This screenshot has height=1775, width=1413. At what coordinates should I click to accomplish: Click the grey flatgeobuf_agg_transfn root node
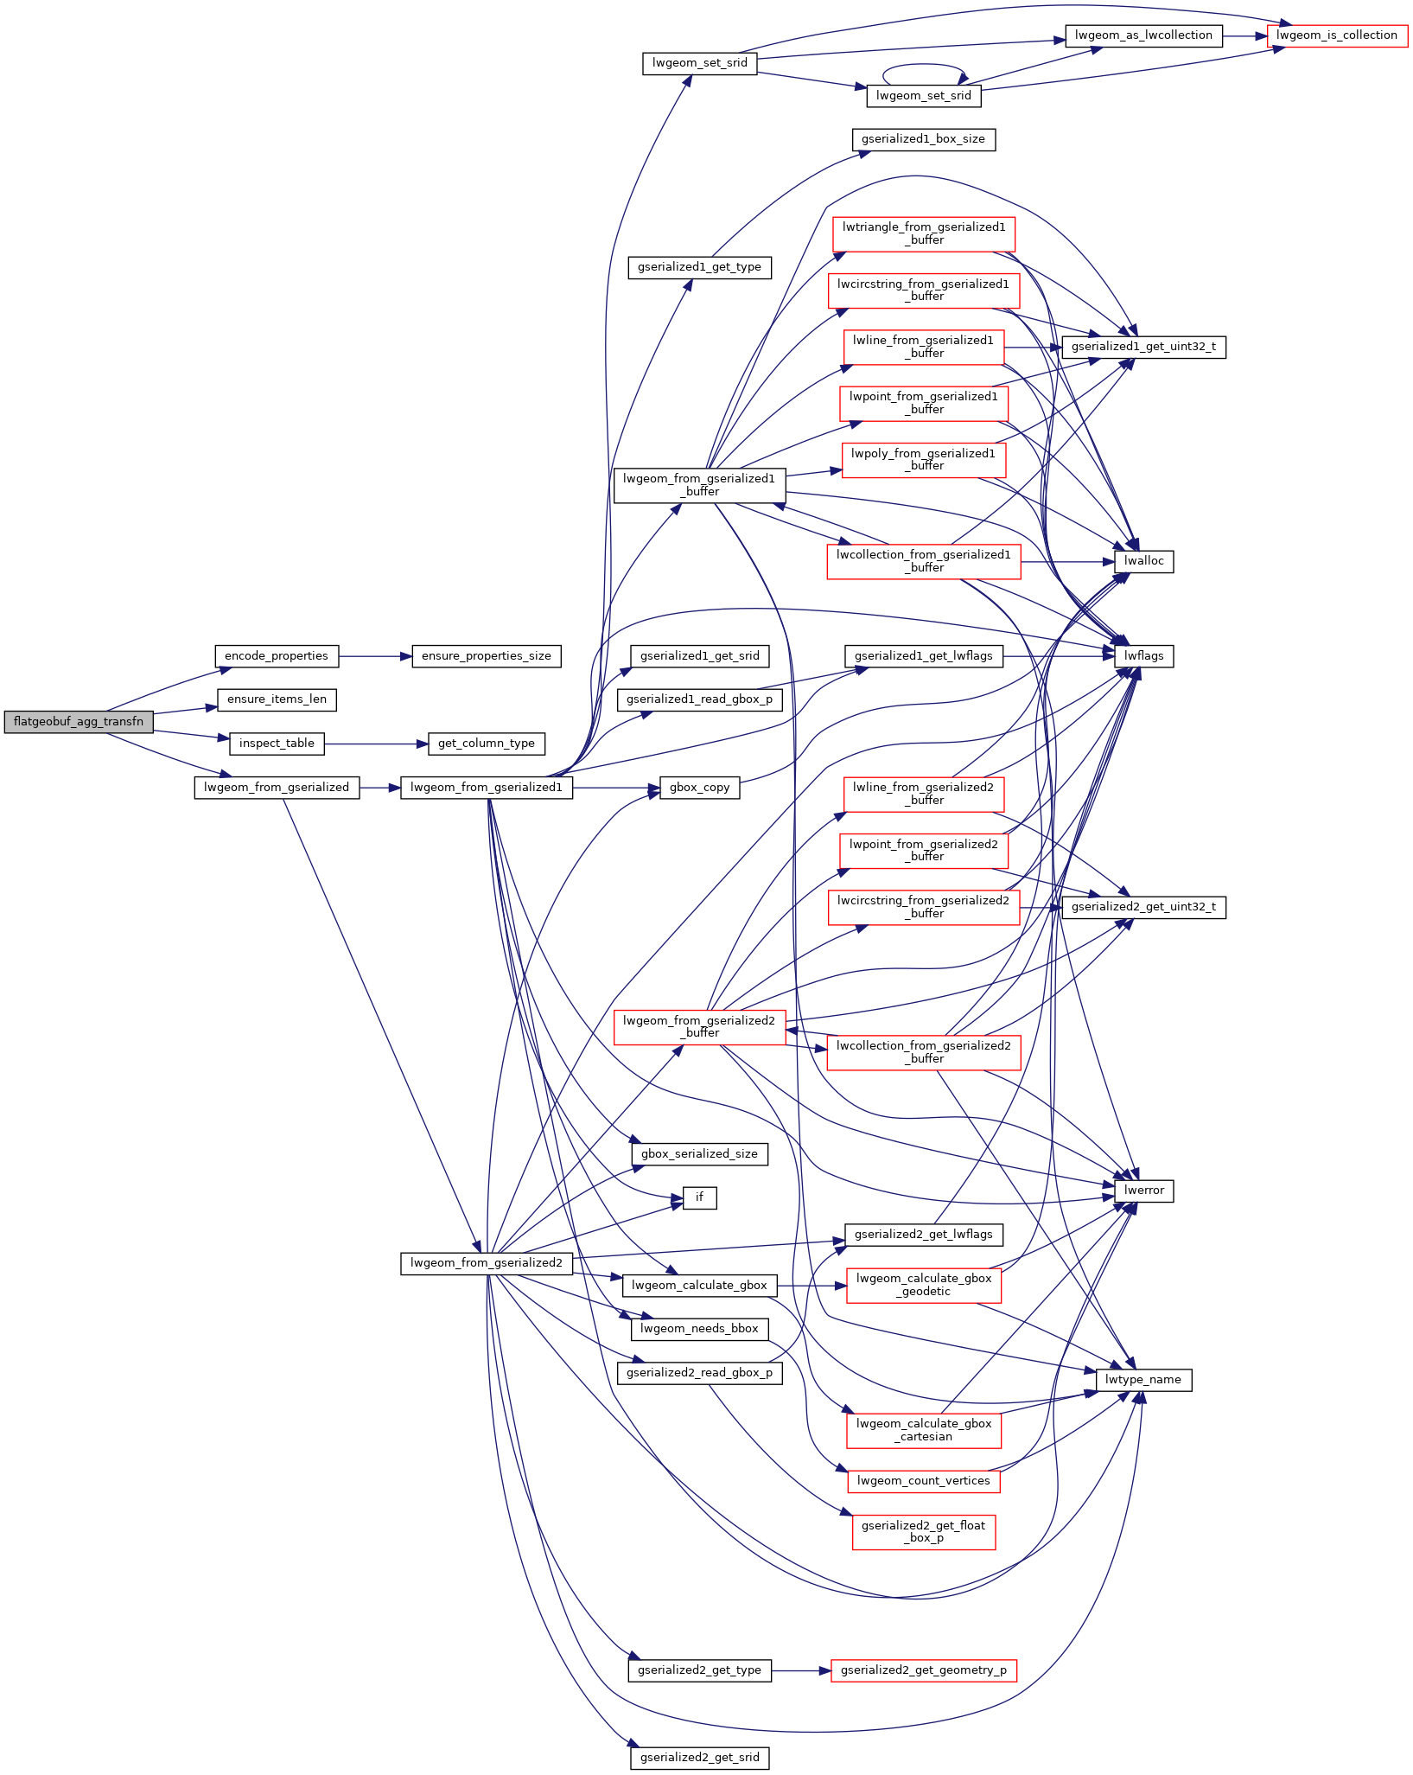click(79, 721)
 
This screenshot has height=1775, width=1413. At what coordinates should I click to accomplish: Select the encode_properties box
click(277, 656)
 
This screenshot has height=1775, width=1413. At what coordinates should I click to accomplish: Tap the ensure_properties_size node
click(487, 656)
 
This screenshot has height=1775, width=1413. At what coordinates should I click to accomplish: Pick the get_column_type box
click(487, 744)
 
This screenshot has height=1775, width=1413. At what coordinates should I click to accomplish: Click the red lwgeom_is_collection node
click(1337, 35)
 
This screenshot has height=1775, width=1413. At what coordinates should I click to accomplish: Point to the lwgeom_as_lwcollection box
click(1143, 35)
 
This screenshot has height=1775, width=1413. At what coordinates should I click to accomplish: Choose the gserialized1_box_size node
click(923, 139)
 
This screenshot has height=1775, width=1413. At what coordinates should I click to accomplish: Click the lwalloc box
click(1144, 561)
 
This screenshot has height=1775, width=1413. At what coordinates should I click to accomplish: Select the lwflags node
click(1144, 656)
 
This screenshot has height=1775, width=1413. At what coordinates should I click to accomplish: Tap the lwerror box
click(1144, 1191)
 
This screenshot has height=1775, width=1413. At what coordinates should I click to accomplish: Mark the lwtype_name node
click(1143, 1380)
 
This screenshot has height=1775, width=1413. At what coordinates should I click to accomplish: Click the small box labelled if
click(699, 1197)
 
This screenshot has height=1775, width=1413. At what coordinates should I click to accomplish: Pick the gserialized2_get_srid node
click(699, 1758)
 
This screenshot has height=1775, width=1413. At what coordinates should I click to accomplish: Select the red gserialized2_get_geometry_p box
click(923, 1670)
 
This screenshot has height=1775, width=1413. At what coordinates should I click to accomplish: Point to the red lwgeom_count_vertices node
click(923, 1481)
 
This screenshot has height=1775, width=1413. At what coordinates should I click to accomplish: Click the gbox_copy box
click(699, 788)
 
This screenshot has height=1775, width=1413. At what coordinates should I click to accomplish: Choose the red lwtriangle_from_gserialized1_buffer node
click(923, 233)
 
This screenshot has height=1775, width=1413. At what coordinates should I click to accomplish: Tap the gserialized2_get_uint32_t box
click(1143, 907)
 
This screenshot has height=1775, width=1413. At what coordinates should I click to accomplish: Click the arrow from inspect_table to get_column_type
click(376, 744)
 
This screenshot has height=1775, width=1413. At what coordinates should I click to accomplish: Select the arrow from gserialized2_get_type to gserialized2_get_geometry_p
click(800, 1670)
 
